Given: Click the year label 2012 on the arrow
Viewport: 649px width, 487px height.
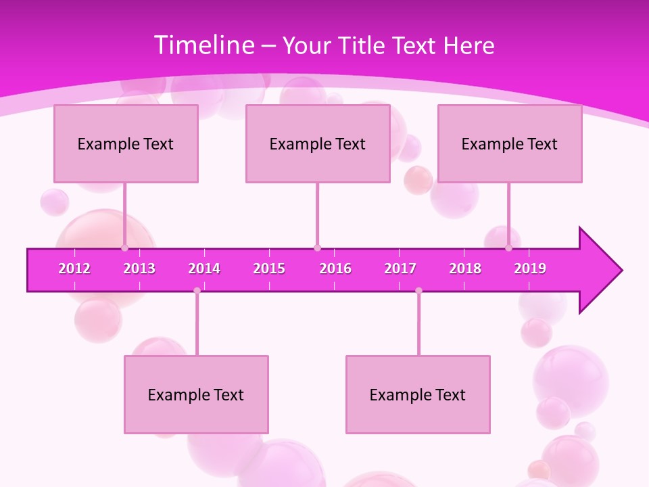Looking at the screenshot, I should [74, 269].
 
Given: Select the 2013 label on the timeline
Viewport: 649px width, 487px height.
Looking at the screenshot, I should [139, 269].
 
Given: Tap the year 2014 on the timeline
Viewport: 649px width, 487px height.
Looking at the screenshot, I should [204, 269].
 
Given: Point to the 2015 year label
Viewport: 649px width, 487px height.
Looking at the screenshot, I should [269, 269].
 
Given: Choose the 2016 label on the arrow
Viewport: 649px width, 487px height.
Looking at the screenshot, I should [335, 269].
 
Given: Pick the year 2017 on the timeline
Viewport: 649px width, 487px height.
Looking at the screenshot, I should [400, 269].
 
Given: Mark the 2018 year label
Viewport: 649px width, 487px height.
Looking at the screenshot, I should [465, 269].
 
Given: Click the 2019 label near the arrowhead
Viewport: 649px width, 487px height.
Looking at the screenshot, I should [530, 269].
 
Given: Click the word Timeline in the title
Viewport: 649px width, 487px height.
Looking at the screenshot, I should [203, 45].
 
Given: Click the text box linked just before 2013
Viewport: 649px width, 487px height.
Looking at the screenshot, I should [126, 143].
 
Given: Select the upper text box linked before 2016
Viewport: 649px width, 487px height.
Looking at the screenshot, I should [318, 143].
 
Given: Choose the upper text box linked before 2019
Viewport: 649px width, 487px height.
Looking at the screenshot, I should [510, 143].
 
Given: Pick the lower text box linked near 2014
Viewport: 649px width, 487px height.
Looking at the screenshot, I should [196, 394].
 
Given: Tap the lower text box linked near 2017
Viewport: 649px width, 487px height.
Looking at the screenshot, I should [418, 394].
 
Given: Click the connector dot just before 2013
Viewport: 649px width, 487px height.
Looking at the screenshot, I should [125, 248].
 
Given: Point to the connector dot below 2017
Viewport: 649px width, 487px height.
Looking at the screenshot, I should [418, 291].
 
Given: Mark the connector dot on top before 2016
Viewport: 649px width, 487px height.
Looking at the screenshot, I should [317, 248].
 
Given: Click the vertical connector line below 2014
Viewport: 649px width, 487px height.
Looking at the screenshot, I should [197, 325].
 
